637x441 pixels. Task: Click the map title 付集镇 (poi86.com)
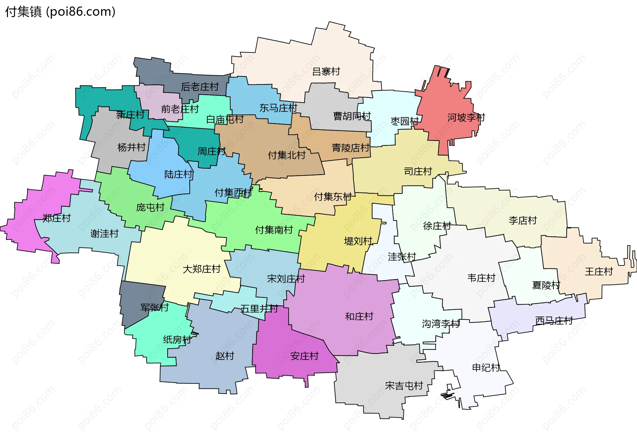coord(60,12)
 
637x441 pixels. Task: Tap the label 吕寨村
coord(326,72)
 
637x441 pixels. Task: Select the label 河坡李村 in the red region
coord(466,117)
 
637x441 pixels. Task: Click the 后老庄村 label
coord(200,87)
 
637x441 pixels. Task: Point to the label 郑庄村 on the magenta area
coord(57,218)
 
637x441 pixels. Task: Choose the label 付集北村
coord(286,155)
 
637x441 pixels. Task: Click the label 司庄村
coord(418,172)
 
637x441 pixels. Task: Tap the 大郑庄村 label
coord(201,269)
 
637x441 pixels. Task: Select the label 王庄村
coord(599,272)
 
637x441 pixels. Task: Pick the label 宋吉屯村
coord(404,386)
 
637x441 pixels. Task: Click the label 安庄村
coord(304,356)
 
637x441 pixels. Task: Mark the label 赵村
coord(225,356)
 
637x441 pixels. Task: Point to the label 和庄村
coord(359,317)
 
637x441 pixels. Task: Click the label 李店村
coord(523,220)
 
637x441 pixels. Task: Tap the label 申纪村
coord(486,368)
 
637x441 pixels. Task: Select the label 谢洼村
coord(104,234)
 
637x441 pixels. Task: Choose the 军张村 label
coord(154,308)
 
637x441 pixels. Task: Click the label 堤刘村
coord(358,241)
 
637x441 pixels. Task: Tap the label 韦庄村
coord(481,278)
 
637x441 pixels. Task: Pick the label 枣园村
coord(404,121)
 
